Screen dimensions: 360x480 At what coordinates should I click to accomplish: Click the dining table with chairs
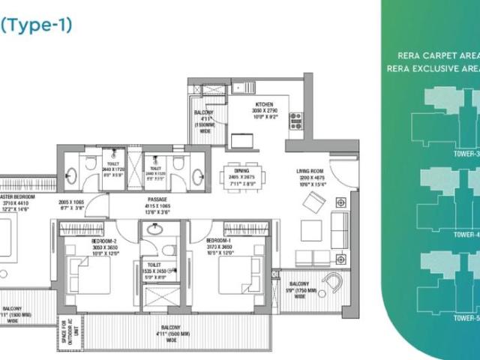click(x=240, y=178)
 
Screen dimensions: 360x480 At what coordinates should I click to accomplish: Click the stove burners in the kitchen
click(x=295, y=120)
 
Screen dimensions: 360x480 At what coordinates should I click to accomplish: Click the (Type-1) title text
click(x=36, y=25)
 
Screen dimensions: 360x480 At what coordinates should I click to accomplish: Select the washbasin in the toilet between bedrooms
click(x=153, y=230)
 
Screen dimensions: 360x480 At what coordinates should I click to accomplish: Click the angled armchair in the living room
click(x=316, y=201)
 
